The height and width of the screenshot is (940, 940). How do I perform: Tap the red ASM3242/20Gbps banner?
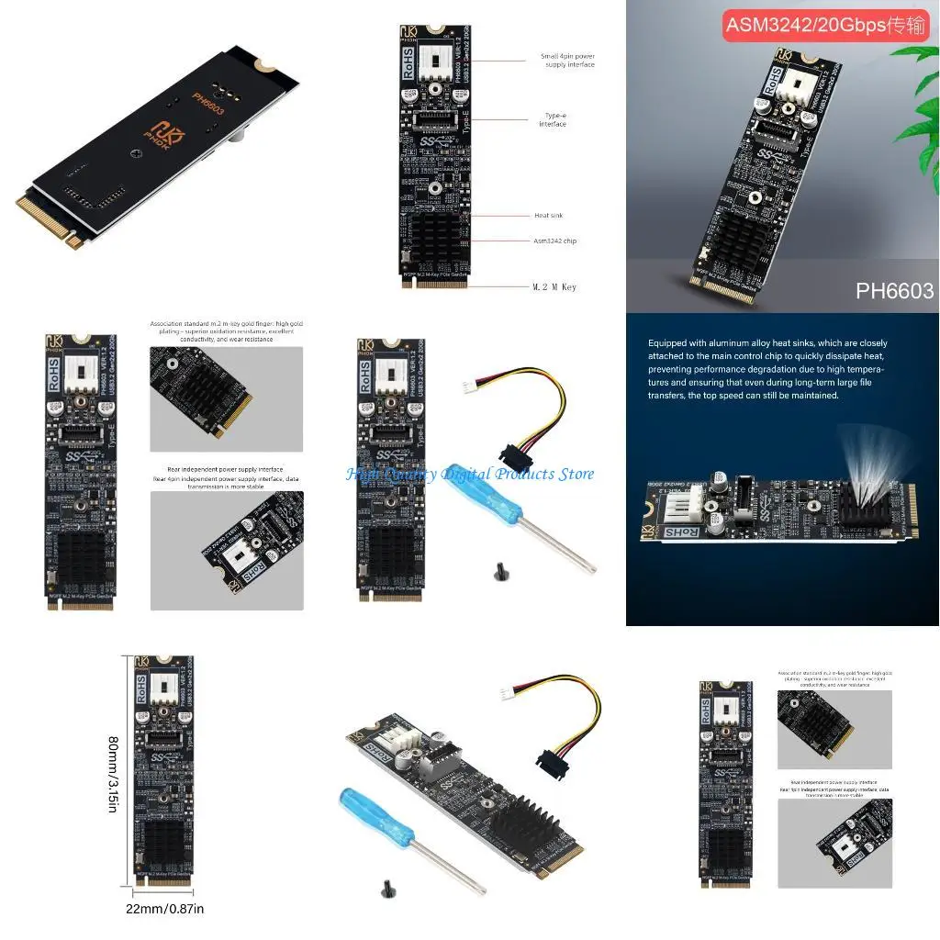[x=826, y=25]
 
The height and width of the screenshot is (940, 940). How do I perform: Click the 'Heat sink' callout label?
[x=548, y=216]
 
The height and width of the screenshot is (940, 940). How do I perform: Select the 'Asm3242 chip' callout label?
[x=556, y=241]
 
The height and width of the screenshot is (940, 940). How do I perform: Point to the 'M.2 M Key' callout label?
[x=555, y=287]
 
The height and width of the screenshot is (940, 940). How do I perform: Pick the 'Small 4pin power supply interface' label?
[x=567, y=61]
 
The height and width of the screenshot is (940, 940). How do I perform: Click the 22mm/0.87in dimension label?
[x=164, y=909]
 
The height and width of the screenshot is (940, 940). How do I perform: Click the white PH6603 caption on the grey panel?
[x=894, y=291]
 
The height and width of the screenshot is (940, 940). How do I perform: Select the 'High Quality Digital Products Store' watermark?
[x=470, y=474]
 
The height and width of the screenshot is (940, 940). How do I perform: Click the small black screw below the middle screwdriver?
[x=499, y=574]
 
